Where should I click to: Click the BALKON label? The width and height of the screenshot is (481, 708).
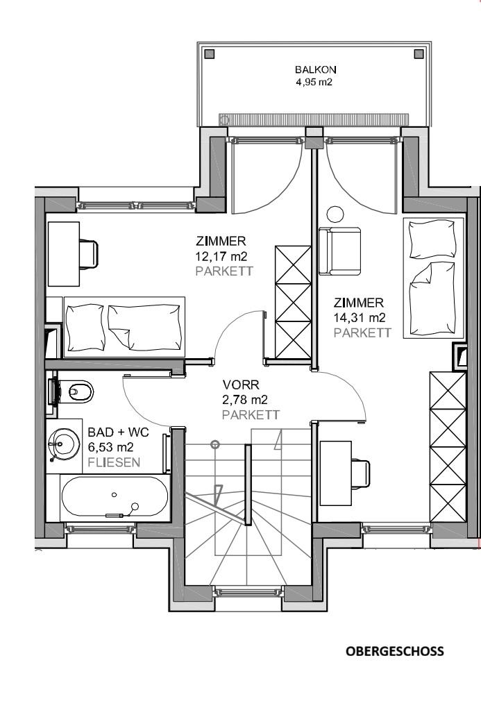pyautogui.click(x=315, y=70)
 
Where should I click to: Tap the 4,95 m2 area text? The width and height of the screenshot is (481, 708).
pyautogui.click(x=314, y=83)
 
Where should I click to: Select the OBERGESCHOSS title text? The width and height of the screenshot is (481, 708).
pyautogui.click(x=395, y=651)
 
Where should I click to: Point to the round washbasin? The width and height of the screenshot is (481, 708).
pyautogui.click(x=64, y=445)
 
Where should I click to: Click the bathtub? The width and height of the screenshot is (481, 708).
pyautogui.click(x=115, y=498)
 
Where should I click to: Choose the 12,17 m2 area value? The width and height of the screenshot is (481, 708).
pyautogui.click(x=221, y=256)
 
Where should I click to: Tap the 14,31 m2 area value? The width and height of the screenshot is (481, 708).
pyautogui.click(x=360, y=317)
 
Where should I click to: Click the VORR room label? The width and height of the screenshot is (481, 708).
pyautogui.click(x=241, y=385)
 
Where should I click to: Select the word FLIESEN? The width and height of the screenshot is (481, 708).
pyautogui.click(x=114, y=462)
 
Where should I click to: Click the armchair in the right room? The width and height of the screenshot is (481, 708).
pyautogui.click(x=339, y=251)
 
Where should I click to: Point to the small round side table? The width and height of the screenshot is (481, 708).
pyautogui.click(x=335, y=214)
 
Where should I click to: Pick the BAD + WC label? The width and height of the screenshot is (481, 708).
pyautogui.click(x=118, y=432)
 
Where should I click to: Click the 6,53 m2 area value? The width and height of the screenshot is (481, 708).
pyautogui.click(x=111, y=448)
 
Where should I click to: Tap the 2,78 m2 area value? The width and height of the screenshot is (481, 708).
pyautogui.click(x=245, y=400)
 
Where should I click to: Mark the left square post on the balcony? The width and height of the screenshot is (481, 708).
pyautogui.click(x=210, y=55)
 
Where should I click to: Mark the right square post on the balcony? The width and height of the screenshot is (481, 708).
pyautogui.click(x=419, y=55)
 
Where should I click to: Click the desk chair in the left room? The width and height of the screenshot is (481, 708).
pyautogui.click(x=89, y=254)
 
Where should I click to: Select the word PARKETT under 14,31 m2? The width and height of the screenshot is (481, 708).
pyautogui.click(x=362, y=332)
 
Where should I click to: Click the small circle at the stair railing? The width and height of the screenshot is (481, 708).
pyautogui.click(x=215, y=444)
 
